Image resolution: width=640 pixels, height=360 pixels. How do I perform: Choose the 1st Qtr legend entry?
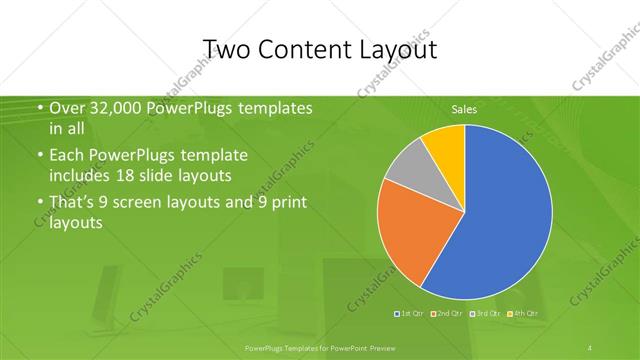411,314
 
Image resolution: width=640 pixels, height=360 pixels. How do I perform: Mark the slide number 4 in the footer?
591,347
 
